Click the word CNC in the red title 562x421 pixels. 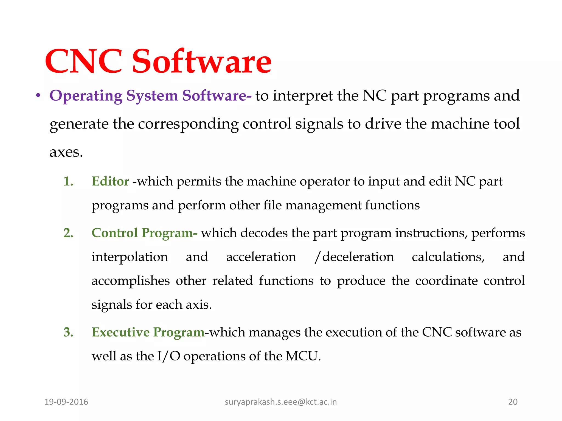[84, 61]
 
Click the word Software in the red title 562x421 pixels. [202, 61]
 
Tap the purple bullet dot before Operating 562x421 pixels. [38, 96]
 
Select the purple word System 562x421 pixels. [152, 96]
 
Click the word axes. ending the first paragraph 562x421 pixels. [66, 152]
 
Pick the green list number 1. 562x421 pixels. [68, 181]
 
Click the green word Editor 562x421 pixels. [110, 181]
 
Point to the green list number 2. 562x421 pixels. [68, 233]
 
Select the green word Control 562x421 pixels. [114, 233]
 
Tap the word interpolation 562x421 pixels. [130, 257]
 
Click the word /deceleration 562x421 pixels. [354, 257]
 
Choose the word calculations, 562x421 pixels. [448, 257]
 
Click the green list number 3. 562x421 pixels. [68, 332]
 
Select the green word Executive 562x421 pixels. [120, 332]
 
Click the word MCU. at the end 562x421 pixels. [303, 356]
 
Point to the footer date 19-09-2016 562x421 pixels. [66, 402]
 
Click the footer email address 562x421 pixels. [280, 402]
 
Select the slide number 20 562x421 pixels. [513, 402]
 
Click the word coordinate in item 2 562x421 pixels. [446, 281]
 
